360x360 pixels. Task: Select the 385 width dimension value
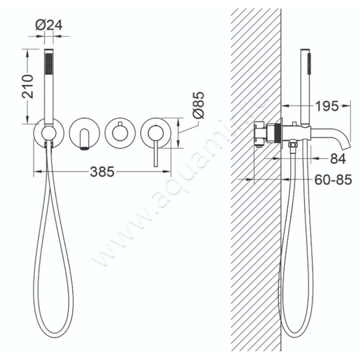pyautogui.click(x=103, y=171)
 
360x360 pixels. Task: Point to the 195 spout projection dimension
pyautogui.click(x=326, y=107)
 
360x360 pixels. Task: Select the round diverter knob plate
pyautogui.click(x=119, y=132)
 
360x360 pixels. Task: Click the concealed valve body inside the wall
pyautogui.click(x=261, y=134)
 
